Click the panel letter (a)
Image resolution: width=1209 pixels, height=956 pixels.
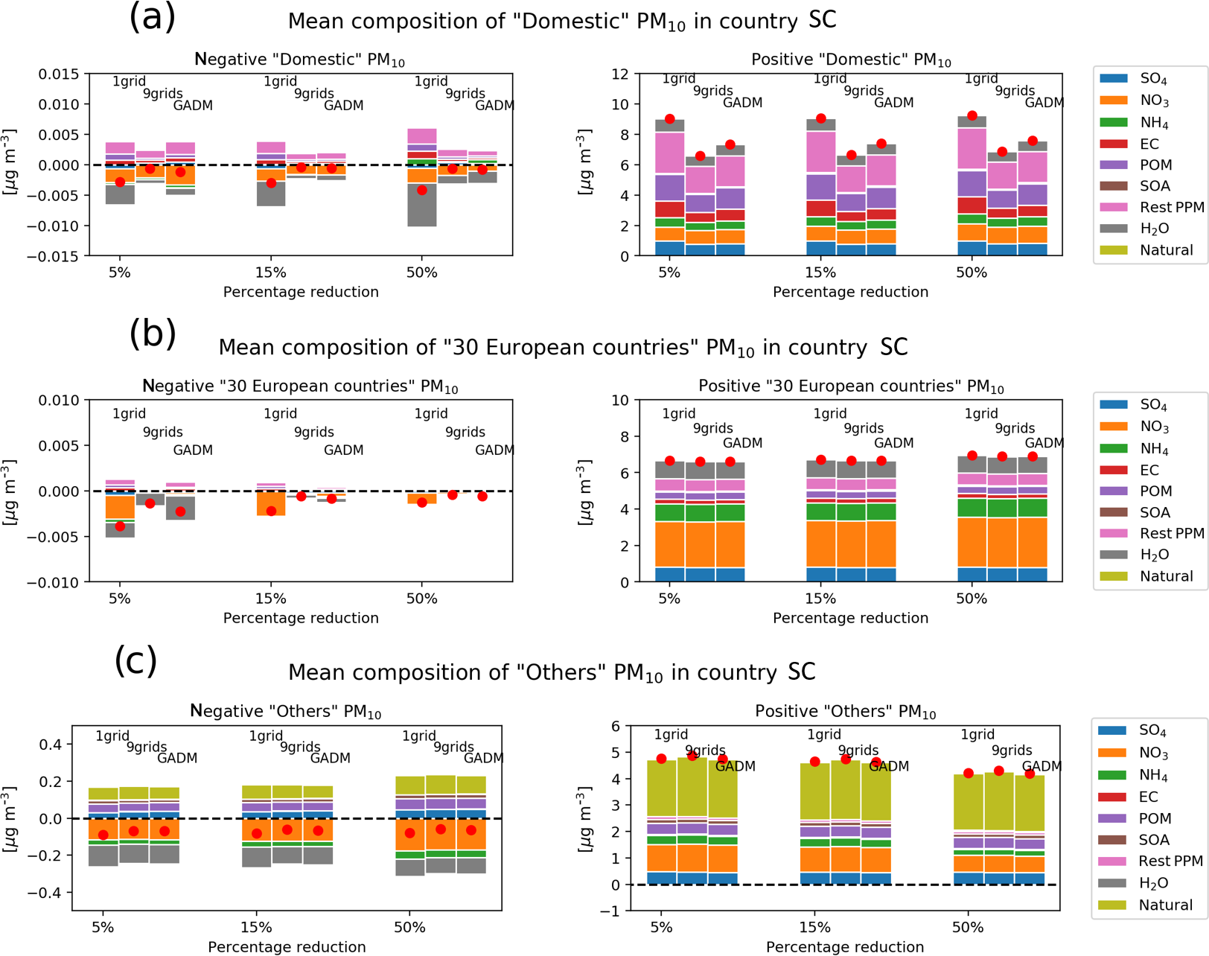click(x=153, y=18)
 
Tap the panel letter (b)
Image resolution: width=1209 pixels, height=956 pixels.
click(x=153, y=334)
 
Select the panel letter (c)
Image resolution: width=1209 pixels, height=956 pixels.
click(x=135, y=660)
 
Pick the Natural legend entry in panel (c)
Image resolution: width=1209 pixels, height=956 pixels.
click(x=1165, y=905)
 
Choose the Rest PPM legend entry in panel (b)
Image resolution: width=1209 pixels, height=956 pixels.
click(x=1171, y=533)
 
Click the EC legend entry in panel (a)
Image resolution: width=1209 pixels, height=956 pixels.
click(x=1149, y=144)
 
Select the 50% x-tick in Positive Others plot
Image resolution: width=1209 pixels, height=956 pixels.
click(x=968, y=928)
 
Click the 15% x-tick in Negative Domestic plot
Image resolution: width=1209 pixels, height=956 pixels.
click(x=270, y=273)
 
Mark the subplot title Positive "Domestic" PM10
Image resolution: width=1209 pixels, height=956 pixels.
click(x=851, y=60)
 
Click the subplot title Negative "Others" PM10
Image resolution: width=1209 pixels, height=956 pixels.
click(x=286, y=711)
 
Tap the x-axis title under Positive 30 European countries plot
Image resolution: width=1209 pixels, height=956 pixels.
click(x=850, y=618)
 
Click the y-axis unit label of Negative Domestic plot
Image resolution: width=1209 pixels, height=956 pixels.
click(x=9, y=162)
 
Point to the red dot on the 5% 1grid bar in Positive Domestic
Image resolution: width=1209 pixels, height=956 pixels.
click(x=670, y=119)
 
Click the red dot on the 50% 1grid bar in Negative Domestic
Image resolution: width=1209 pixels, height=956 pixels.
click(x=422, y=190)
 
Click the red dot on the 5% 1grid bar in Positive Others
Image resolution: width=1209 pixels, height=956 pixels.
click(x=661, y=759)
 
